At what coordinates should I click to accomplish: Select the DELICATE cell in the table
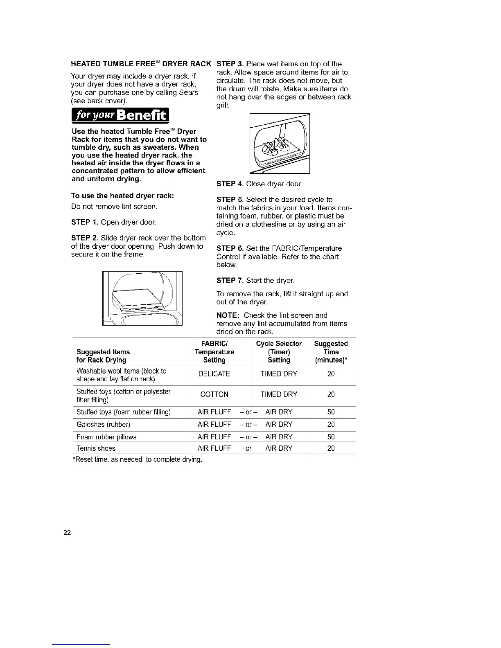tap(214, 374)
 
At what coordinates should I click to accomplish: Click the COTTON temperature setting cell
tap(214, 394)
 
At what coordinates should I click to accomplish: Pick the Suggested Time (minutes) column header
tap(331, 352)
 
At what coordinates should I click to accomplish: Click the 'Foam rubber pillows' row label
tap(106, 437)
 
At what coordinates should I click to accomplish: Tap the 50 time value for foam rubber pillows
tap(331, 437)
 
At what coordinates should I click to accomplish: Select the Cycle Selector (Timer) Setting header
tap(279, 352)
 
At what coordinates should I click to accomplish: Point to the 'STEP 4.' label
tap(230, 184)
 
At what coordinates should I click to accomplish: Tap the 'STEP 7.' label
tap(230, 281)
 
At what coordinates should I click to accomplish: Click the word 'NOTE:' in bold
tap(228, 315)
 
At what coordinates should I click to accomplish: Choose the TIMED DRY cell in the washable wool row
tap(279, 374)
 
